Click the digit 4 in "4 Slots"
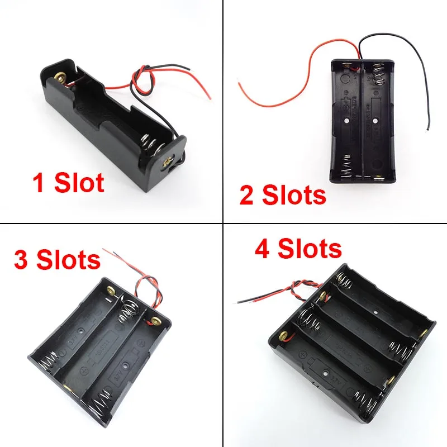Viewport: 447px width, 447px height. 264,248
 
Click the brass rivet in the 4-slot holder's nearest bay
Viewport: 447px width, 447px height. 283,336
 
